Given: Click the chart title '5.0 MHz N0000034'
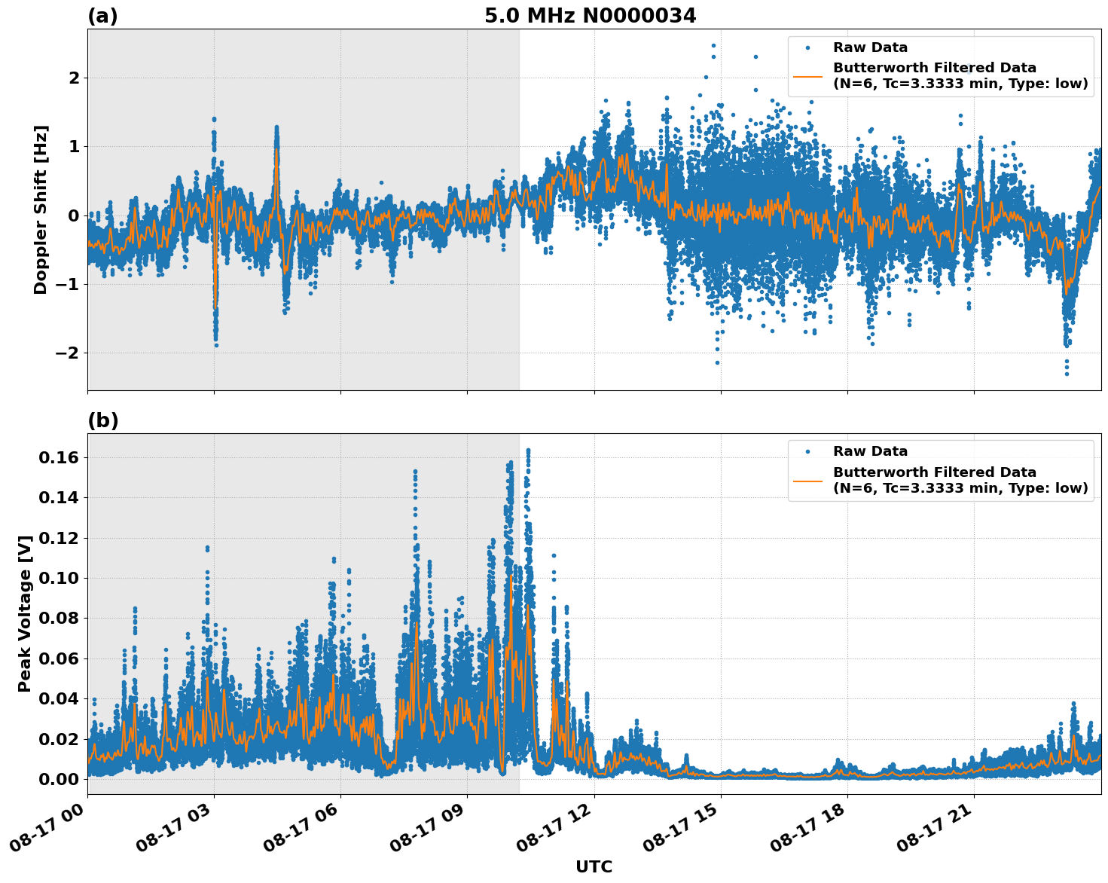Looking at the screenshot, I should coord(590,16).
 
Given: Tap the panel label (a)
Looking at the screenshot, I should coord(102,16).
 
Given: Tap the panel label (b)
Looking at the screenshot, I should coord(102,420).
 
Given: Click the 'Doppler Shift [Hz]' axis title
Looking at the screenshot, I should coord(41,209).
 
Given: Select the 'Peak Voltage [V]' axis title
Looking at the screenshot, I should coord(25,614).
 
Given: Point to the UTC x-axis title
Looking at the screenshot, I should coord(594,866).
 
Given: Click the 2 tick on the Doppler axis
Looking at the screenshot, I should coord(74,78).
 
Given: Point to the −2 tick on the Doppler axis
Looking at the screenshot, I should coord(68,353).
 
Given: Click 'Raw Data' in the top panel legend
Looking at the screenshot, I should coord(870,48).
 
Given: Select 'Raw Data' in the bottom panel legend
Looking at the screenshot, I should coord(870,452).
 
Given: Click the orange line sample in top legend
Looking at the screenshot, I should coord(807,76).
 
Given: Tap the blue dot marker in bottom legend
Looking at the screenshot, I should coord(807,452).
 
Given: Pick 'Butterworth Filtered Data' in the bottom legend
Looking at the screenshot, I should coord(934,472).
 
